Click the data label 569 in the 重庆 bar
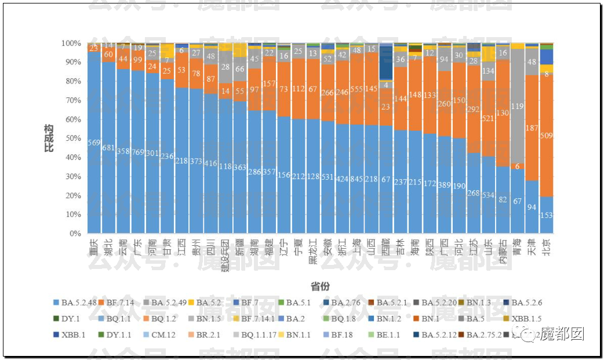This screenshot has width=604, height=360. click(94, 143)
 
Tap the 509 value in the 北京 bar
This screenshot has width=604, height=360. click(546, 137)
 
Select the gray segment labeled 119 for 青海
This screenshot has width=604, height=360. click(518, 107)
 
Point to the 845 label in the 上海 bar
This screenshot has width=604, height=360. click(357, 179)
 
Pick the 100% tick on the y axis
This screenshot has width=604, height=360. click(71, 43)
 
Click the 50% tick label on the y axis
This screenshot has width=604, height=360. click(73, 139)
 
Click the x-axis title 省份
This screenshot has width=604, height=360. click(320, 287)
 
